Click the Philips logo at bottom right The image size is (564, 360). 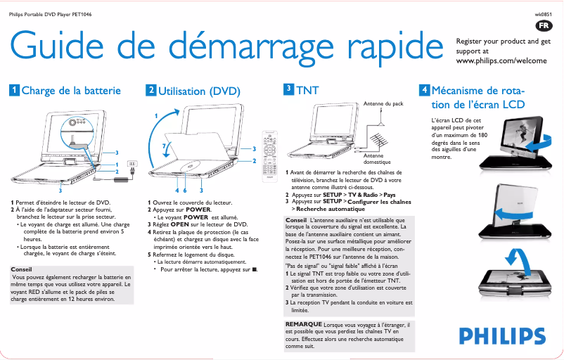point(500,336)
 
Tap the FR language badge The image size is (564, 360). point(543,25)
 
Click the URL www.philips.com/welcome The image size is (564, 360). point(501,61)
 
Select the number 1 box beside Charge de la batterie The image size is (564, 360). point(13,90)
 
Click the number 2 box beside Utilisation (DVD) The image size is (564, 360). point(151,90)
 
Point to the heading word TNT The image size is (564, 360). point(307,91)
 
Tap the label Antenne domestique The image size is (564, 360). point(377,158)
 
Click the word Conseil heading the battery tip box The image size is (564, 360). point(22,269)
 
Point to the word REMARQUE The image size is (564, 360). point(304,323)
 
